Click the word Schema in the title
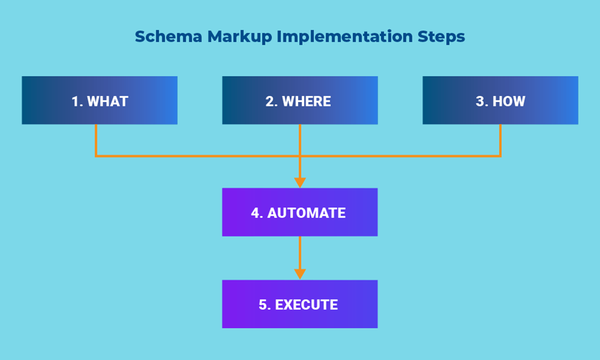pos(168,37)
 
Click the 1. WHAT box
pos(99,100)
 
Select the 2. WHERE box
pos(300,100)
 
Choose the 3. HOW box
pos(501,100)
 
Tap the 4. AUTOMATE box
pos(300,212)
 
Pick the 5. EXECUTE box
pos(300,304)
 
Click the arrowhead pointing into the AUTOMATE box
pos(300,183)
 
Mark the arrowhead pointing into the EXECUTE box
pos(300,274)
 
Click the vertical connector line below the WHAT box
pos(96,140)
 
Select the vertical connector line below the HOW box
pos(500,140)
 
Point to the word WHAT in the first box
pos(107,101)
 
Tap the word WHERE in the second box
pos(306,101)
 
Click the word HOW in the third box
pos(509,101)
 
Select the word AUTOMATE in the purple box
pos(306,213)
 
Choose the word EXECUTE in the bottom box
pos(306,305)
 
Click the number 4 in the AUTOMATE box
pos(255,213)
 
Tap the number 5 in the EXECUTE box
pos(262,305)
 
